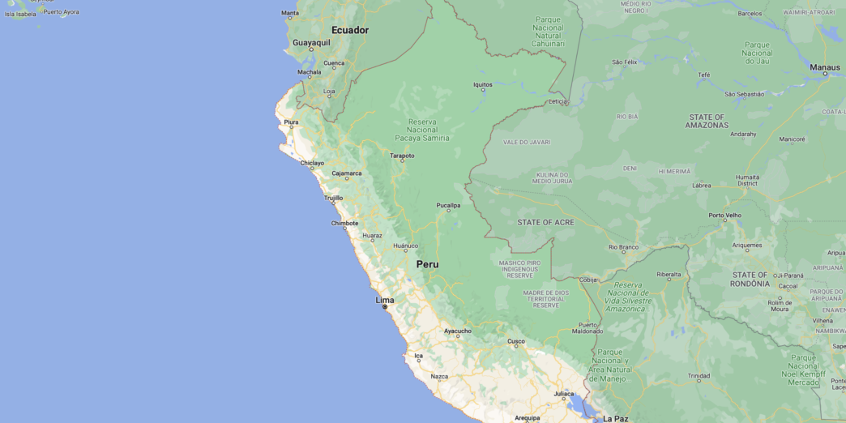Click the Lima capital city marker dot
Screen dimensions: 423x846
[x=385, y=307]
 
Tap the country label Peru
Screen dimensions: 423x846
[x=427, y=264]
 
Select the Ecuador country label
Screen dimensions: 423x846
[x=350, y=30]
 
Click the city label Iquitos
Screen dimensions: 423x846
[x=482, y=84]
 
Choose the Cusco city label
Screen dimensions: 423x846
[x=516, y=341]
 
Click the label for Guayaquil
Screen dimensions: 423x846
[x=311, y=42]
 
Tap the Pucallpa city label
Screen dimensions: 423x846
[x=448, y=205]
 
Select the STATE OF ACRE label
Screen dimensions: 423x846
[x=546, y=222]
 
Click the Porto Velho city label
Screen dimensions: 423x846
[x=724, y=216]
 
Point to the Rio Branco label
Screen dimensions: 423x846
[x=623, y=247]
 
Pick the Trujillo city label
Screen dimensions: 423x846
[x=333, y=198]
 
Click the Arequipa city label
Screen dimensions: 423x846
[x=527, y=418]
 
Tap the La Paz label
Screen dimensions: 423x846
[x=615, y=418]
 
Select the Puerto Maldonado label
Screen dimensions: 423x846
[x=587, y=327]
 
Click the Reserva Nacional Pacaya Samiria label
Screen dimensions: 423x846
[x=421, y=130]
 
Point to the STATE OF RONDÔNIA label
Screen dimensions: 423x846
[x=750, y=280]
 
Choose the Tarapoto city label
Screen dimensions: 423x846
[x=402, y=156]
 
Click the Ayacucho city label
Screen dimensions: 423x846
[x=457, y=331]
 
